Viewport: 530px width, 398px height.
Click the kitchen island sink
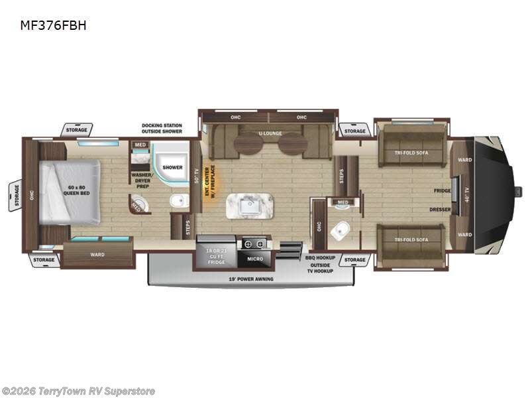(250, 207)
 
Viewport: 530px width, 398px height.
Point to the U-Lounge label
(270, 133)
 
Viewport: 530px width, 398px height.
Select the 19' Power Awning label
(250, 279)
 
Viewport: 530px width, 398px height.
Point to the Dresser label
(440, 210)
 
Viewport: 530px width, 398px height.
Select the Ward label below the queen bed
(97, 253)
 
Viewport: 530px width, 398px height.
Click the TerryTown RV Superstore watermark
(78, 391)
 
